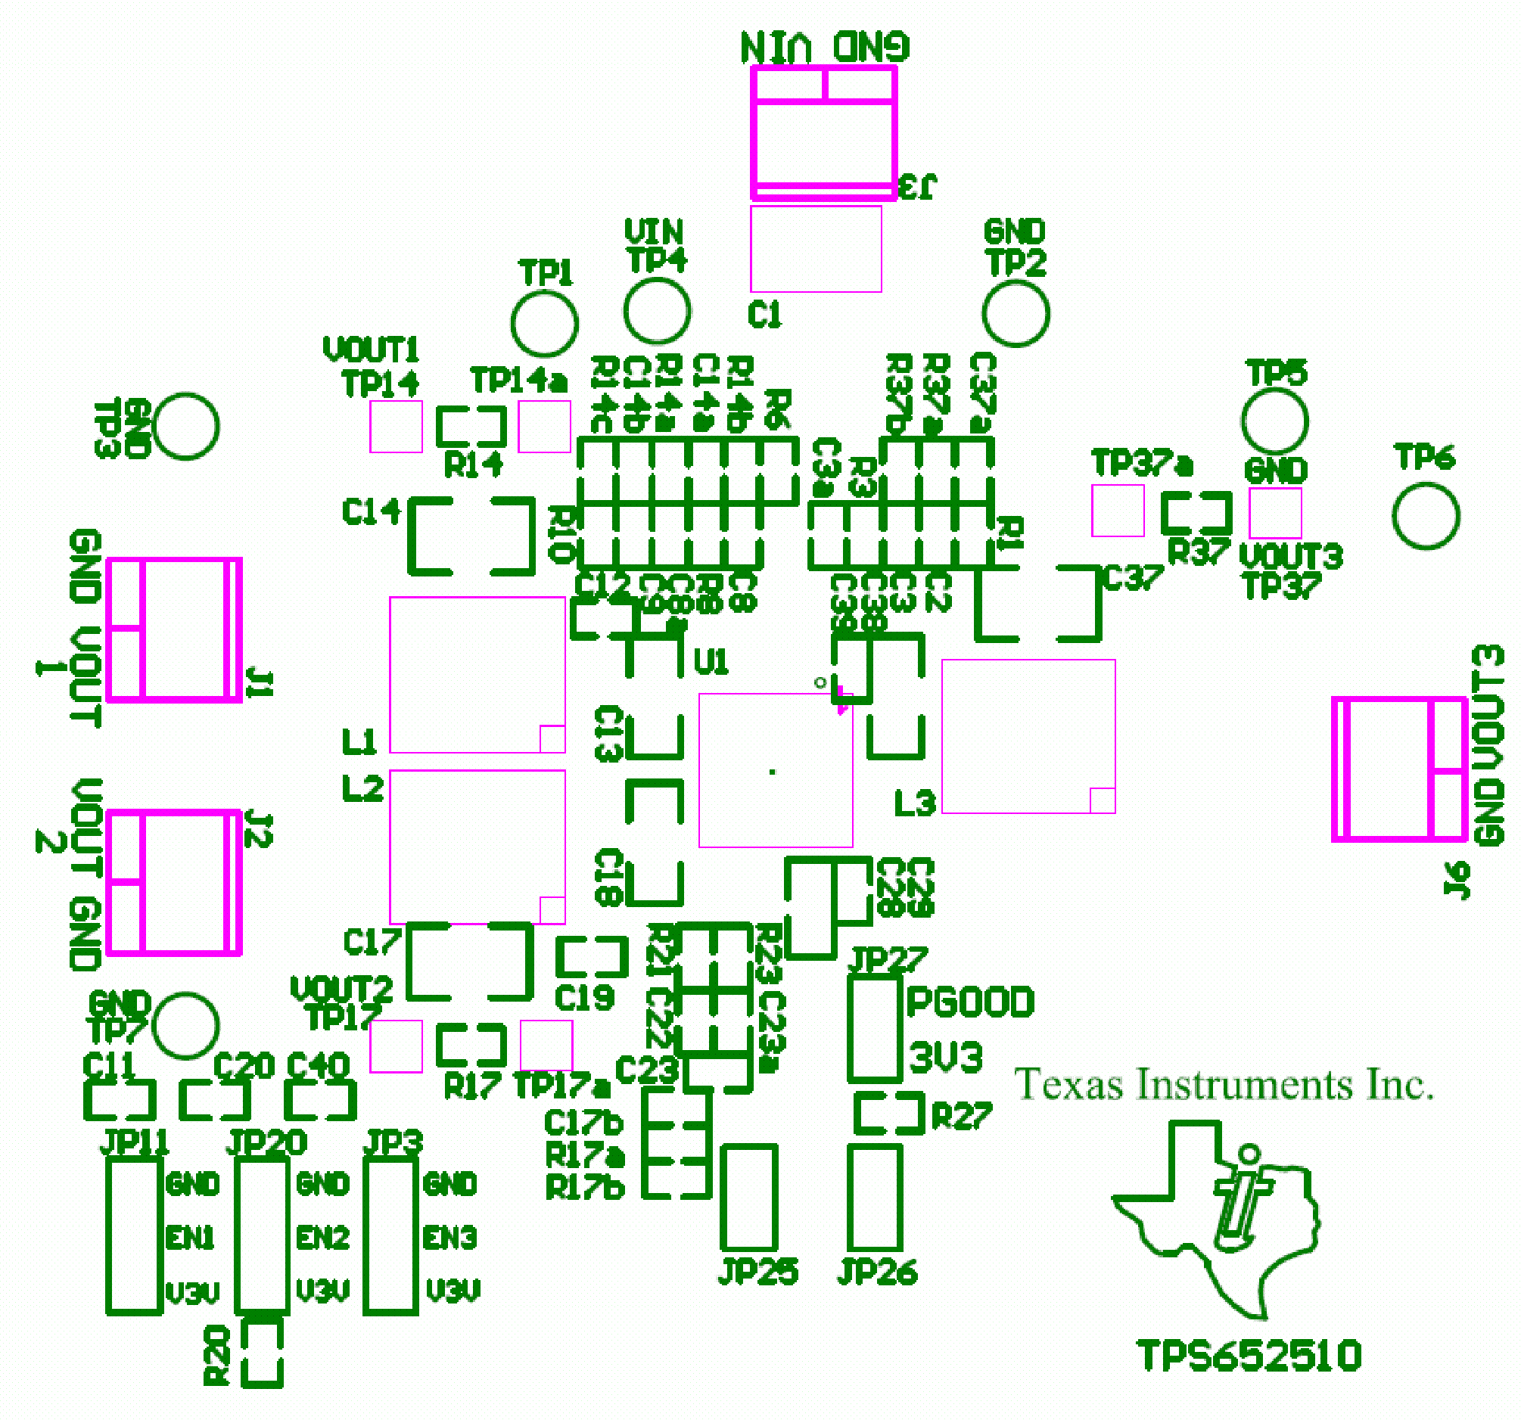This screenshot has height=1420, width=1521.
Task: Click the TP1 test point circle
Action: tap(544, 323)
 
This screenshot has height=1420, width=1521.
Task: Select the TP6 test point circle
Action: tap(1426, 516)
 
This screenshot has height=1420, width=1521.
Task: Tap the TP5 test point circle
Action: tap(1274, 420)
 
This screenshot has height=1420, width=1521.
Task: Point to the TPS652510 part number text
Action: tap(1249, 1356)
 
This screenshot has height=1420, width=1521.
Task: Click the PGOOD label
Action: tap(969, 1002)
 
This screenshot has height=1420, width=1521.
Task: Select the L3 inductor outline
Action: tap(1028, 736)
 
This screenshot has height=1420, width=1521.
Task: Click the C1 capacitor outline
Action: tap(816, 249)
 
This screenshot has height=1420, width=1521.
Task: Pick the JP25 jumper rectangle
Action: tap(749, 1198)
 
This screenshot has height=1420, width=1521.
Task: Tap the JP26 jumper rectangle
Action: tap(875, 1198)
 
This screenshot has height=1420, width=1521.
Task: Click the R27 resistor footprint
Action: tap(888, 1112)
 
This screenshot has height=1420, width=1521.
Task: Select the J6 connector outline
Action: tap(1398, 769)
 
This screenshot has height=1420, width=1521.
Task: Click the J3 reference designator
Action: tap(917, 186)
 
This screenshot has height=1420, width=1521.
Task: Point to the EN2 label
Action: tap(323, 1237)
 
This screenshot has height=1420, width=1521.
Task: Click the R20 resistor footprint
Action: tap(262, 1353)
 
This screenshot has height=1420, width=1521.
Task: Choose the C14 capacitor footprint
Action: tap(471, 536)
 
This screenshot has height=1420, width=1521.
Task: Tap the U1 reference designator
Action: tap(711, 662)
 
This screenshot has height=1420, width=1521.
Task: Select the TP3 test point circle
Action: tap(186, 426)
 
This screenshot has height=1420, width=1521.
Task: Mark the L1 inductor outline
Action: tap(477, 675)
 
